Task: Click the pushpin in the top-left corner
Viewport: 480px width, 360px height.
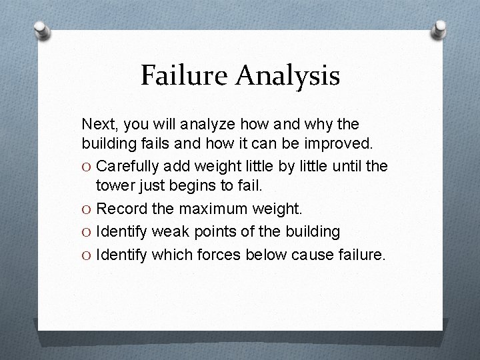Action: tap(41, 31)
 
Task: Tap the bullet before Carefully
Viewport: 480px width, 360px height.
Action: tap(87, 166)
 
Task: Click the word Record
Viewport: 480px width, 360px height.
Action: tap(118, 209)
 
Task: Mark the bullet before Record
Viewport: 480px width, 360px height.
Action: tap(87, 210)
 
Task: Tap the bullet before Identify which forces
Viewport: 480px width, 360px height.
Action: tap(87, 254)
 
